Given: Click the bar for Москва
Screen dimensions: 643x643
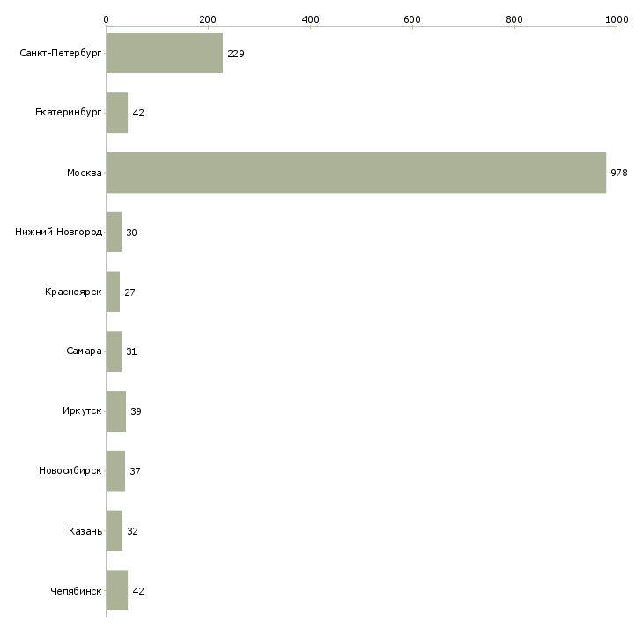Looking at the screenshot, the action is (x=356, y=173).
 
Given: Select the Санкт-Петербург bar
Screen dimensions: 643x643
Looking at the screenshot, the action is (x=165, y=53).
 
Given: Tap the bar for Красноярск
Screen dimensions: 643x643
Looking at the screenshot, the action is (x=113, y=292).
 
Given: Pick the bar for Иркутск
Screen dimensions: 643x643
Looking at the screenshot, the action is (x=116, y=411).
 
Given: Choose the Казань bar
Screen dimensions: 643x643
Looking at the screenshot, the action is (x=114, y=530).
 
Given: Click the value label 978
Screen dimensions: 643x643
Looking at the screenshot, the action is (x=619, y=173).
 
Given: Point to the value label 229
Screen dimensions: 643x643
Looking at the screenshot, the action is (x=236, y=54).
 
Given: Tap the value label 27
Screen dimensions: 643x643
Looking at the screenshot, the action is (x=129, y=292).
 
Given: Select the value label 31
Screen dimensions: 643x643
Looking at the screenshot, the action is (x=131, y=351).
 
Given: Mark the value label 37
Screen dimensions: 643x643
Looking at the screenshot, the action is (x=135, y=471).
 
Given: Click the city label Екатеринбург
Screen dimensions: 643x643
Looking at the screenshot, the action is (x=68, y=113).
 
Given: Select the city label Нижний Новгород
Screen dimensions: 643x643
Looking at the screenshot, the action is (x=58, y=233).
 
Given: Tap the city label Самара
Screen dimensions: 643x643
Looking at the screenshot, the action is (x=84, y=351).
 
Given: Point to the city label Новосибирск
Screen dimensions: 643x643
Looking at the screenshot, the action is (x=70, y=470).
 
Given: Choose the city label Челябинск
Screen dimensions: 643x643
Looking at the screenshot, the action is (x=76, y=591).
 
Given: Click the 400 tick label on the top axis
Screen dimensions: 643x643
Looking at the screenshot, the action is (x=310, y=19).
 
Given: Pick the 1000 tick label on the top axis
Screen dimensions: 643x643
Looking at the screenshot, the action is (x=617, y=19).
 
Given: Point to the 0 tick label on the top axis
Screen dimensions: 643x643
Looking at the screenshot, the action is (x=107, y=19).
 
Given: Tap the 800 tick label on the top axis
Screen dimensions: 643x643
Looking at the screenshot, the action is (x=514, y=19).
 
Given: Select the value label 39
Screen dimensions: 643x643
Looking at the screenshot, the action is (x=136, y=411).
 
